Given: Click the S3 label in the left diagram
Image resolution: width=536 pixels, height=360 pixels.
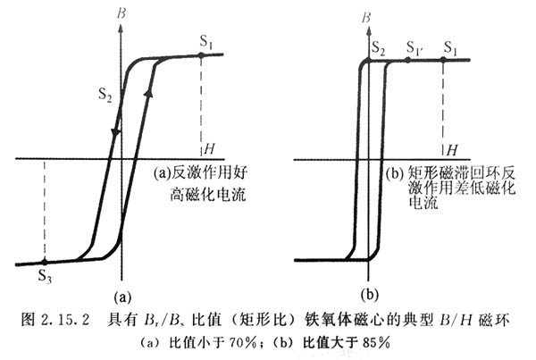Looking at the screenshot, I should (x=45, y=277).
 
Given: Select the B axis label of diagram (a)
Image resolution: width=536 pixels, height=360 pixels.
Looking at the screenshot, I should (x=133, y=13).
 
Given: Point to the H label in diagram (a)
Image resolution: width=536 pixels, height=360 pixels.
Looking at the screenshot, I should (x=209, y=147).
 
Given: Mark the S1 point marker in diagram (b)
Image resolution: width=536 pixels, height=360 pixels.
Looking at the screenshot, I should (x=443, y=60).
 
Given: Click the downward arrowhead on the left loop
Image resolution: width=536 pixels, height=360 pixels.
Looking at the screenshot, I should (x=114, y=133).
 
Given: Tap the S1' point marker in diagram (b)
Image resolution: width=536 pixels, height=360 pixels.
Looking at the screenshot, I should (x=407, y=60).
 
